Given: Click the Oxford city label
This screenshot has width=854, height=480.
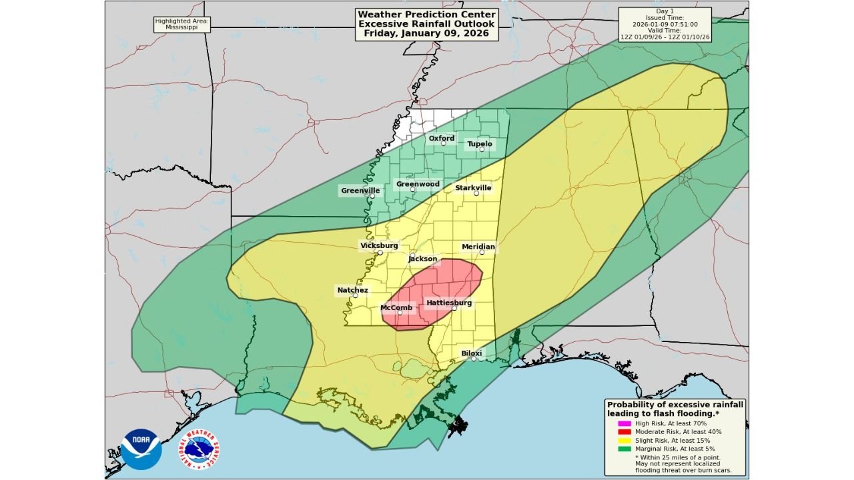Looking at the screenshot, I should (441, 139).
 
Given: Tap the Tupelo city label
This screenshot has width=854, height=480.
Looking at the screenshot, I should (480, 144).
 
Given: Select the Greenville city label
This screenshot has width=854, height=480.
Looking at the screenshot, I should (360, 191).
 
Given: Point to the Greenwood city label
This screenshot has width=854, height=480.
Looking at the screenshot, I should (418, 184).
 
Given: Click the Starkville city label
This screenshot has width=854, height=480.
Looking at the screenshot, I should (473, 188).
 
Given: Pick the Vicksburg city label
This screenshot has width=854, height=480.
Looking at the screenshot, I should (379, 245).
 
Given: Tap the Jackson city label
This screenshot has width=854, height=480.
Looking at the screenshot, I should (423, 259).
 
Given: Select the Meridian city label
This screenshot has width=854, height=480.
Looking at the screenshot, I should (478, 247).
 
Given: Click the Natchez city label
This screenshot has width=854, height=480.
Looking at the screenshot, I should (352, 290).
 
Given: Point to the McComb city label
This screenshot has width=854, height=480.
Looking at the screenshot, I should (396, 307).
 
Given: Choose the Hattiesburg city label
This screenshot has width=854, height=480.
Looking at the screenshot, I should (449, 303).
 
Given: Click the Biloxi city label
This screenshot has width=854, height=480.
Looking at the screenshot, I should (472, 353).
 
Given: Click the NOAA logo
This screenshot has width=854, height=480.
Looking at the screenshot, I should (141, 449).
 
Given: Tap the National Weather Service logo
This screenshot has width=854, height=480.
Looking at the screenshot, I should (199, 449).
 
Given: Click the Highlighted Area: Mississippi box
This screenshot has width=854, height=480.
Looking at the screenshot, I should (182, 25).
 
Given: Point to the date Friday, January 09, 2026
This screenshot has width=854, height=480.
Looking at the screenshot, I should (427, 33).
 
